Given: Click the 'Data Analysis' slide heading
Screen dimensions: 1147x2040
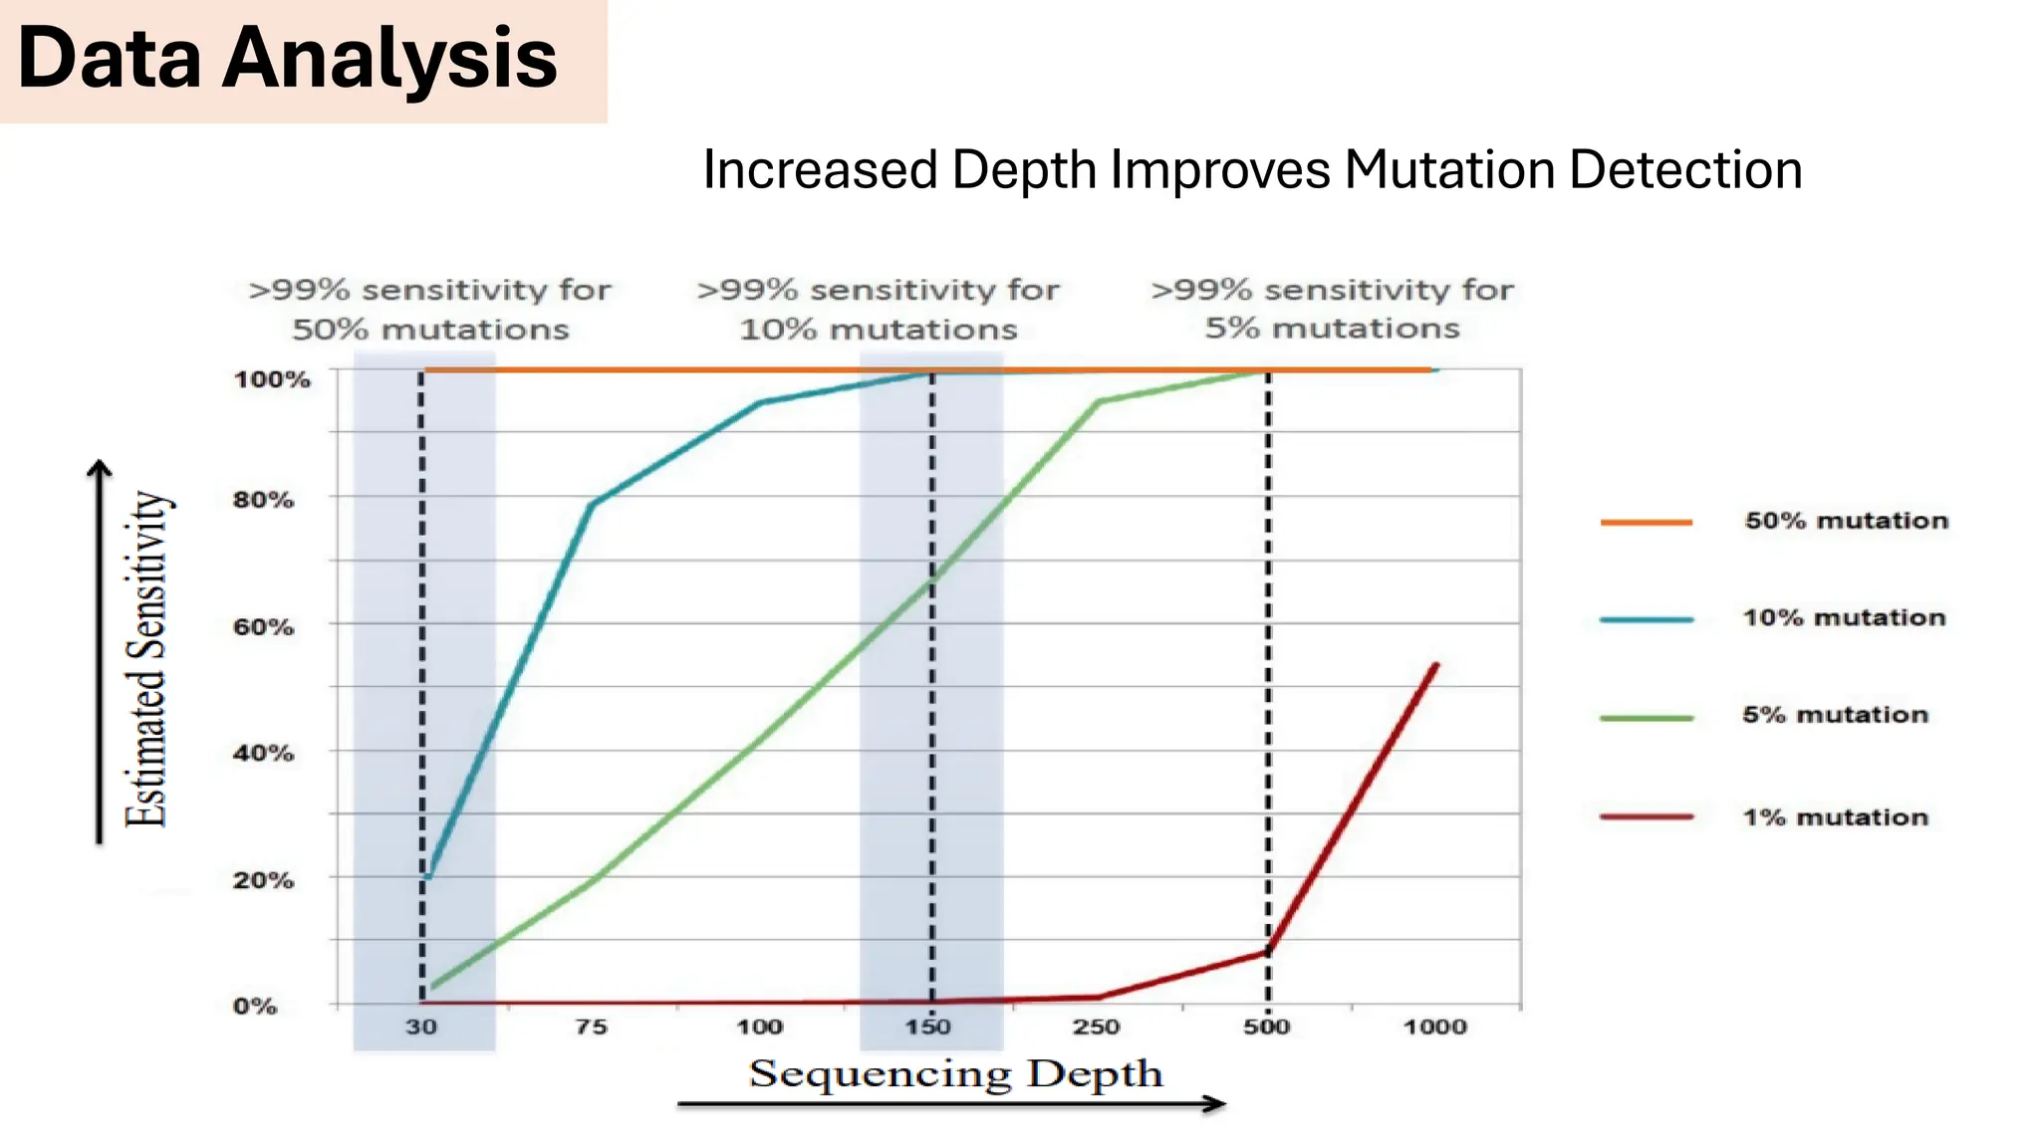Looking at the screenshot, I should click(287, 58).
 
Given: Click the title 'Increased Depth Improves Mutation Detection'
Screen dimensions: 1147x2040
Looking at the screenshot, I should click(1252, 169).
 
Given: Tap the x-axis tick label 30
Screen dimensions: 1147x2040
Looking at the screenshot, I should click(421, 1027).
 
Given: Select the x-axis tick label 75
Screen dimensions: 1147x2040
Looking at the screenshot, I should click(591, 1027).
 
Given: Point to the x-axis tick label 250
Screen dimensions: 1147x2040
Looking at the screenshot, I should click(1097, 1027).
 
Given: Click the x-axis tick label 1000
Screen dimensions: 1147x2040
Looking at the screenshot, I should click(1434, 1027).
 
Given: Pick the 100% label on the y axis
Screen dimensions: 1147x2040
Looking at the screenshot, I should click(272, 379).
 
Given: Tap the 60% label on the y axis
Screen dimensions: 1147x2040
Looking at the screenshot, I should click(264, 627).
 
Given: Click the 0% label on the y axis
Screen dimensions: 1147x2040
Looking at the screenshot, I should click(255, 1007).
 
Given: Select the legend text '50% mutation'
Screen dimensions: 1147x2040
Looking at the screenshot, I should click(1846, 521).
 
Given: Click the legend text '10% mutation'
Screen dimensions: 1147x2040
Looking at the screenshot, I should click(1844, 618).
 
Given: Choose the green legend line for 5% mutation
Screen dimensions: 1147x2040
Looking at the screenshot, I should click(1647, 717).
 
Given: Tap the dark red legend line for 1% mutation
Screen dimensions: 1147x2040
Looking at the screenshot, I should click(1647, 817).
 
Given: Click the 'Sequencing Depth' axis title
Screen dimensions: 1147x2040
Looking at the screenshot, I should click(955, 1073).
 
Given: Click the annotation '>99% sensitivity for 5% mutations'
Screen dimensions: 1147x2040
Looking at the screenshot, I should click(1332, 309).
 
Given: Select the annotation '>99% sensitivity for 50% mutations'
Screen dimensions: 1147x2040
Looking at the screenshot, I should click(430, 310).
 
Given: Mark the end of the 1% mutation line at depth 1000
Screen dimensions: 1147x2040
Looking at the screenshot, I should click(1435, 665).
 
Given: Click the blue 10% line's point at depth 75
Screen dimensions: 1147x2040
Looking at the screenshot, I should click(593, 504).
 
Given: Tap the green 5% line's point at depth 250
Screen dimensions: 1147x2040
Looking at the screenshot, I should click(1098, 402).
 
